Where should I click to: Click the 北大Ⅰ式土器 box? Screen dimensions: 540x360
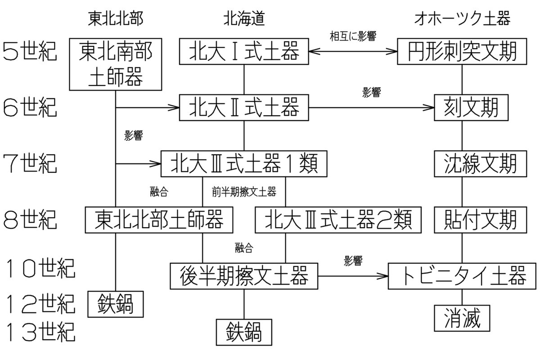(244, 51)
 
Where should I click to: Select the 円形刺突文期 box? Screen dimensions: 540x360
(462, 51)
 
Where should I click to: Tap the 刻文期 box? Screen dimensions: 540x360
(471, 108)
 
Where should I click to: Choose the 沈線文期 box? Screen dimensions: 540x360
(481, 164)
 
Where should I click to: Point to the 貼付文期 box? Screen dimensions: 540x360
(481, 220)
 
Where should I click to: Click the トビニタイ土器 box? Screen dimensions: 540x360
(462, 276)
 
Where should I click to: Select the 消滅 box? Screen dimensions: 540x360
(462, 318)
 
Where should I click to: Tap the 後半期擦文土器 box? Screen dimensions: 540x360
(244, 276)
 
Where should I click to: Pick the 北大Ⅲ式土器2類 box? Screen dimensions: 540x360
(338, 220)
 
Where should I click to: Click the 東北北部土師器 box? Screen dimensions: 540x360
(159, 220)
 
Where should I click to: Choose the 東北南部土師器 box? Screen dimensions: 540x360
(116, 64)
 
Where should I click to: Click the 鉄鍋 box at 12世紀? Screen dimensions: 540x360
(116, 304)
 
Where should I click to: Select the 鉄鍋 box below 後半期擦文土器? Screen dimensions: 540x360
(244, 332)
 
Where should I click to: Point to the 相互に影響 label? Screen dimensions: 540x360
(353, 36)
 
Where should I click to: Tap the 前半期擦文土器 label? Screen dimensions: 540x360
(244, 192)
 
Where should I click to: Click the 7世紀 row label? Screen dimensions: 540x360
(30, 164)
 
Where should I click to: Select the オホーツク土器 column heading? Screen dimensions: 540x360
(462, 18)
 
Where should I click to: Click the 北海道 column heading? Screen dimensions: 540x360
(244, 18)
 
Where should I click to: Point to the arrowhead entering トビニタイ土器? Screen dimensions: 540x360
(382, 276)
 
